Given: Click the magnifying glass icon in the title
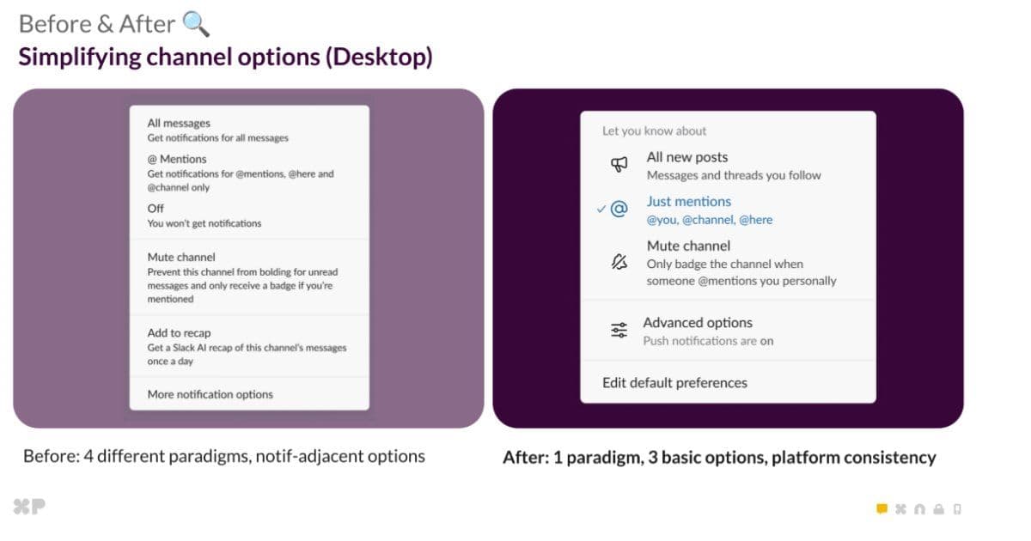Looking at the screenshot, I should [x=196, y=24].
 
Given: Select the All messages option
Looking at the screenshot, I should [x=179, y=123].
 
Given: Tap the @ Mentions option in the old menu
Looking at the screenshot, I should [x=177, y=159].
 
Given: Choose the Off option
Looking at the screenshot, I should [x=155, y=208].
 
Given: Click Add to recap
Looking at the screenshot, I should [x=179, y=332].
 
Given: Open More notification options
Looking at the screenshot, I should [x=210, y=394].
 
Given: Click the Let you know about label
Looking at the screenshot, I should [x=654, y=131].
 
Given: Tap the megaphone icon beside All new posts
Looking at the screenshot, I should [x=619, y=165].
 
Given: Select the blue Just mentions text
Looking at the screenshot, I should [x=688, y=201].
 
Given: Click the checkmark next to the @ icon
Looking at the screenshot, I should [x=601, y=209].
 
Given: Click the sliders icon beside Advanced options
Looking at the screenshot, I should [x=619, y=331].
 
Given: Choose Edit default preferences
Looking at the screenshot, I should [x=674, y=382].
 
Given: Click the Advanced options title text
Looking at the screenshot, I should [x=697, y=322].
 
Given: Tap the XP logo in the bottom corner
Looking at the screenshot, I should [x=28, y=507].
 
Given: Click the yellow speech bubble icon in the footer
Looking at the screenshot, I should [x=882, y=508].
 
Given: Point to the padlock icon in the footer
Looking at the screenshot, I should [x=938, y=509].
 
